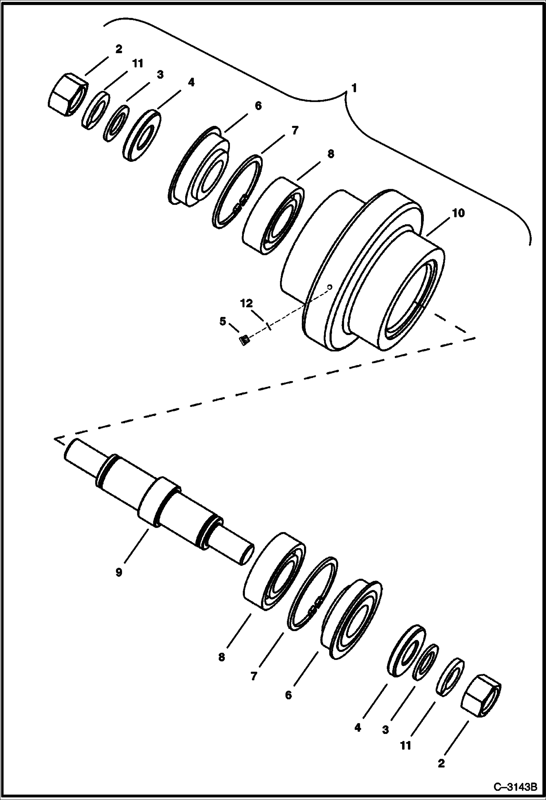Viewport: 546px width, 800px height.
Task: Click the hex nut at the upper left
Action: coord(68,94)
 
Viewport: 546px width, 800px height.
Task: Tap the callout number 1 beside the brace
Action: coord(354,88)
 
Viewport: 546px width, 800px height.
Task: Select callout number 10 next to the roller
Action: coord(458,213)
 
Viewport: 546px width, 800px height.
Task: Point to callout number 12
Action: coord(246,303)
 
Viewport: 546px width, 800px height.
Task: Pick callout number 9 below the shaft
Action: coord(119,572)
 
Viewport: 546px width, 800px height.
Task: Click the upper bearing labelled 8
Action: coord(273,217)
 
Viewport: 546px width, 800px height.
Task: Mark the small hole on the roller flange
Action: coord(329,287)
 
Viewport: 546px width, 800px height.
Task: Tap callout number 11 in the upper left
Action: coord(137,63)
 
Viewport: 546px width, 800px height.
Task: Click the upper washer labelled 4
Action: coord(143,134)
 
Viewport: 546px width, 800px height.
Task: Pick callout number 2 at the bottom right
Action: coord(441,763)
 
